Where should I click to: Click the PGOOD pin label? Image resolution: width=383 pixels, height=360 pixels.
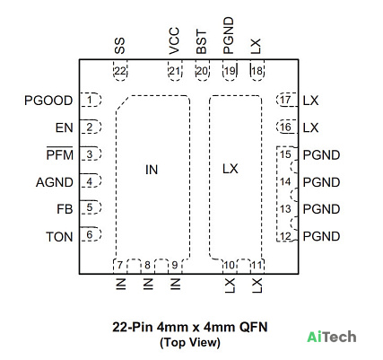click(48, 101)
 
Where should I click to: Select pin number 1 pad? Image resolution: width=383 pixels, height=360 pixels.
click(91, 100)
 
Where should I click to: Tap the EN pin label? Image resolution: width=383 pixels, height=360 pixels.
click(65, 127)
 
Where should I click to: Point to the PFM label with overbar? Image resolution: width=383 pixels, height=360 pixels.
click(60, 154)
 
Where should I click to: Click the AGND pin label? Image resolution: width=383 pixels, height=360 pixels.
click(55, 182)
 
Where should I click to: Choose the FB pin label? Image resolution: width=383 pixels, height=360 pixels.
click(65, 209)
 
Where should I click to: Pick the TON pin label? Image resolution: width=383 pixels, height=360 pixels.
click(59, 237)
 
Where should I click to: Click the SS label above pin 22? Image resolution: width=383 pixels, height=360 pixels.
click(119, 46)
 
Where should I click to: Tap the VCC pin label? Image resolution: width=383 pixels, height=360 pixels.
click(174, 41)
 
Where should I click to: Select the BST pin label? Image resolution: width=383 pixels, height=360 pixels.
click(202, 41)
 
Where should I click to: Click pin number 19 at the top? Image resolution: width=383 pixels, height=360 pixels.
click(230, 71)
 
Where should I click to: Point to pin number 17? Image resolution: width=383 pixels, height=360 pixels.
click(285, 100)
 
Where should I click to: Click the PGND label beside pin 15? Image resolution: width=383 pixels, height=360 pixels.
click(321, 155)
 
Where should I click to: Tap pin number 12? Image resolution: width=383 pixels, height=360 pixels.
click(285, 236)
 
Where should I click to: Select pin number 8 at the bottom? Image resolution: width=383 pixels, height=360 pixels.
click(147, 265)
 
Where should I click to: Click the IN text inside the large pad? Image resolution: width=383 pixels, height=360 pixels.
click(152, 170)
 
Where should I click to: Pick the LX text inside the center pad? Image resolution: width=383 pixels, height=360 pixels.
click(231, 169)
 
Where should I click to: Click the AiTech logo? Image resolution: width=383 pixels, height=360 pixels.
click(332, 337)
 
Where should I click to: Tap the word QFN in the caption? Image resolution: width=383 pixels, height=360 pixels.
click(253, 327)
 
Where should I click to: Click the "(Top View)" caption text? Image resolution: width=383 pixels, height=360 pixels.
click(190, 342)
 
